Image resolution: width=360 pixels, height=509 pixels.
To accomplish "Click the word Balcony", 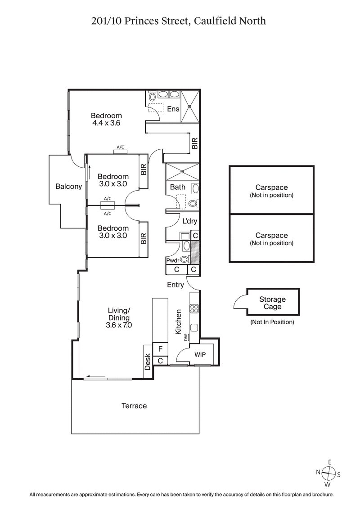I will coord(69,187).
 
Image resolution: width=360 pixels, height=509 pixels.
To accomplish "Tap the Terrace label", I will coord(135,406).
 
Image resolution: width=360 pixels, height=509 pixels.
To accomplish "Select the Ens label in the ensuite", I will coord(173,109).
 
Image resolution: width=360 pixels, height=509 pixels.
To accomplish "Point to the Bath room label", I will coord(178,187).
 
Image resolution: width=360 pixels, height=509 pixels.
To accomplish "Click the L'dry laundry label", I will coord(189,221).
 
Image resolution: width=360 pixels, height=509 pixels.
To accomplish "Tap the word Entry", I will coord(175,285).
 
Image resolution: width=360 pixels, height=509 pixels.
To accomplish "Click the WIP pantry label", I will coord(200,354).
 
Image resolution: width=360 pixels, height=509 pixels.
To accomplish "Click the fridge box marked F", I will coord(160,349).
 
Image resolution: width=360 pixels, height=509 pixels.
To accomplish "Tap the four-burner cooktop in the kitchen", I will coord(195,308).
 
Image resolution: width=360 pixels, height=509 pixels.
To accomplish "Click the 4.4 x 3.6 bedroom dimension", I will coord(106,123).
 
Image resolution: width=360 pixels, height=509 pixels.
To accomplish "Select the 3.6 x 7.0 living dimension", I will coord(119,325).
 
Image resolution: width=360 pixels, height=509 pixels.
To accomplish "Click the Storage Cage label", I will coord(272,303).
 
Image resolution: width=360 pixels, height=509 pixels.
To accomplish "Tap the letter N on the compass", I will coord(318,473).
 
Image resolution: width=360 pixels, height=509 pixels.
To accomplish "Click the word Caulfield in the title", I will coord(216,21).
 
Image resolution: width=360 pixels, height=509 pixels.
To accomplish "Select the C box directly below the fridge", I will coord(160,360).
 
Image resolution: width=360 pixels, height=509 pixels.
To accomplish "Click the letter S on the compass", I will coord(339,474).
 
